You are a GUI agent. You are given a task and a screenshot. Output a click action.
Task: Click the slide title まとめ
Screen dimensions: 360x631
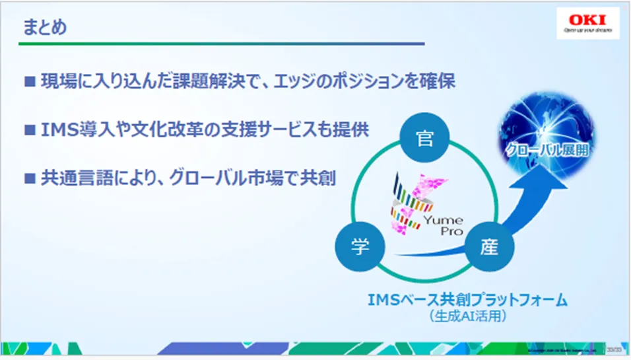[44, 27]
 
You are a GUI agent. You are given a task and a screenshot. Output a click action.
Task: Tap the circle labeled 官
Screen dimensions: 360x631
[425, 137]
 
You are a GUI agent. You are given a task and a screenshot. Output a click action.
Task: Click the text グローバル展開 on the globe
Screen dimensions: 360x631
[547, 150]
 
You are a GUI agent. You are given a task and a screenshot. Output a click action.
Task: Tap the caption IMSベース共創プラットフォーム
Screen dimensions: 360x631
[467, 300]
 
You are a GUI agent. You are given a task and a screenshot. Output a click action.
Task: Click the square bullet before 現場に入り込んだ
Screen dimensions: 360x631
[30, 82]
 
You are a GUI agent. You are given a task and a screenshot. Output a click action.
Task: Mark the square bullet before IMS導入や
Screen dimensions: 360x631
[30, 130]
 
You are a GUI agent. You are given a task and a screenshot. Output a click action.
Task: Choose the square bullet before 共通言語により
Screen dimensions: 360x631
[30, 178]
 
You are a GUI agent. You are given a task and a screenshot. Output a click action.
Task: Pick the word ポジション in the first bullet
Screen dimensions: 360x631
[355, 82]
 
